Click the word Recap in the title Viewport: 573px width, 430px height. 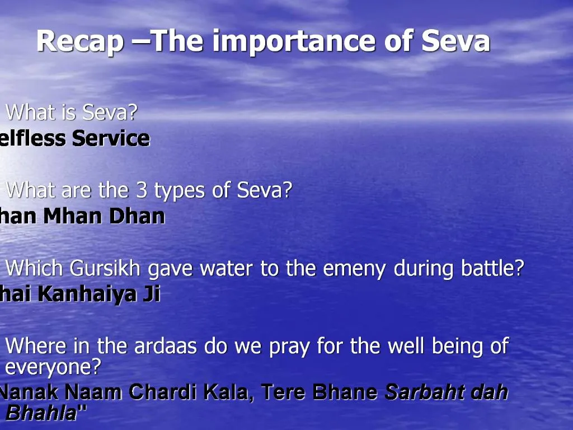[80, 41]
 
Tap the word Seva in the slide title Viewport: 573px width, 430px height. [455, 41]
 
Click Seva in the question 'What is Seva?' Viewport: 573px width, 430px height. [109, 113]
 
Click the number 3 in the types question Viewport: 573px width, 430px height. [142, 191]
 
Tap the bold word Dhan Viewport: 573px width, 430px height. [137, 216]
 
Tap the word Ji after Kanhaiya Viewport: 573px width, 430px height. [151, 295]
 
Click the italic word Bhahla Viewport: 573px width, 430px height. [40, 414]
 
